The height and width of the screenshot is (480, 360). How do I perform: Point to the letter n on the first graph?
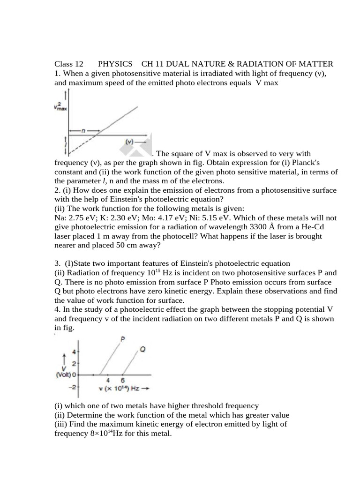(83, 131)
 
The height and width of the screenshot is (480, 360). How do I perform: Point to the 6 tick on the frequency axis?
(123, 380)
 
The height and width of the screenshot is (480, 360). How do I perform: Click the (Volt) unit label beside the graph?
(64, 375)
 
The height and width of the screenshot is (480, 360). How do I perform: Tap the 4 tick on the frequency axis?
(108, 380)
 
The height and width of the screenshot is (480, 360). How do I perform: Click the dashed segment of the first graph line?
(80, 145)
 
